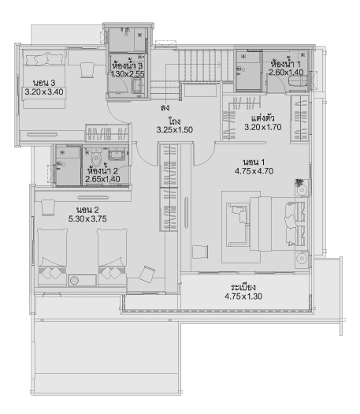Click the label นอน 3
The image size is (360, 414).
coord(44,83)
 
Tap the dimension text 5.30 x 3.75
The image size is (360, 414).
coord(87,219)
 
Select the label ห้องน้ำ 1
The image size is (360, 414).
coord(286,64)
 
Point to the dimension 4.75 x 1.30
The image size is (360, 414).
coord(243,297)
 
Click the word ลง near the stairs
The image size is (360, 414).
coord(165,107)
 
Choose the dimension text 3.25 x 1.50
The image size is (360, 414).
coord(175,129)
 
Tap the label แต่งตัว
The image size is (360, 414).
coord(262,117)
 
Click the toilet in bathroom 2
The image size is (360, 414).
coord(96,157)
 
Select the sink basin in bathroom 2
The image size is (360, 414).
coord(116,155)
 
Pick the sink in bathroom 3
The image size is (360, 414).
coord(137,86)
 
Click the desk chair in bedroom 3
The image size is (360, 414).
coord(87,69)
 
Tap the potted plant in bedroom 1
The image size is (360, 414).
coord(299,182)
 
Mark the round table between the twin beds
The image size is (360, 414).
coord(74,281)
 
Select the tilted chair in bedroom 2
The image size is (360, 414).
coord(147,274)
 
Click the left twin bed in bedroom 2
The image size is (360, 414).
coord(52,257)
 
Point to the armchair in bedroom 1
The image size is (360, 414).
coord(200,252)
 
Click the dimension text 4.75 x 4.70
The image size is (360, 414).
coord(254,171)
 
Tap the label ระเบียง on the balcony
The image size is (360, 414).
coord(243,287)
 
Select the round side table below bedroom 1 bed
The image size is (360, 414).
coord(302,259)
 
